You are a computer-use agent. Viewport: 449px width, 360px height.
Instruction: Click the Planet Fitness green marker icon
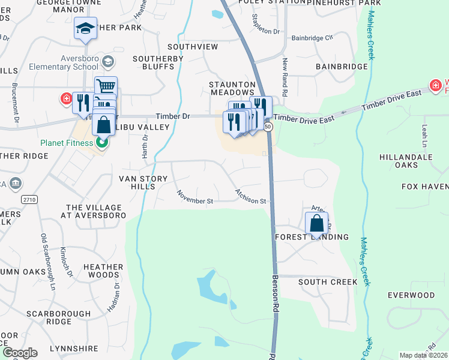click(103, 143)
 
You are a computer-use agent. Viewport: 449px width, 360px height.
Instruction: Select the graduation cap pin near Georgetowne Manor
click(85, 29)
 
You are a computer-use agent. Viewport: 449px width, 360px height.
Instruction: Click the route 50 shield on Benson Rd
click(268, 127)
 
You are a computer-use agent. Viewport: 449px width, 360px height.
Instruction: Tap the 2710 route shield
click(29, 199)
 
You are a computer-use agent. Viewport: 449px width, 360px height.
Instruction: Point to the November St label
click(195, 196)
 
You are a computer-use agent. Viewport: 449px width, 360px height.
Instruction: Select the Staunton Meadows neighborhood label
click(232, 88)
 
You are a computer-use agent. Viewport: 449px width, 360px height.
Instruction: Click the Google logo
click(20, 352)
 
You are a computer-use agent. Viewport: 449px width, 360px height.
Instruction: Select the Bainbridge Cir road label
click(312, 37)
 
